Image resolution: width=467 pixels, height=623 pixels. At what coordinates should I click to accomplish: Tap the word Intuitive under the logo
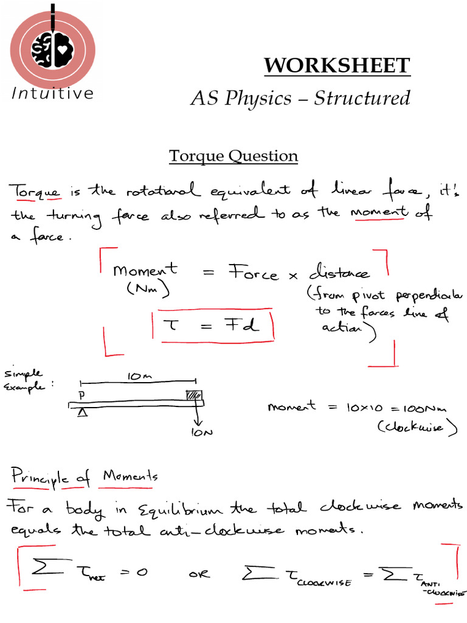pos(52,93)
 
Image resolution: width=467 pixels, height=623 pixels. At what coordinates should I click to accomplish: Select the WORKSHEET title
pos(337,66)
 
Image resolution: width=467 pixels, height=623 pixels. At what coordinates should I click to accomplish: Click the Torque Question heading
pos(233,156)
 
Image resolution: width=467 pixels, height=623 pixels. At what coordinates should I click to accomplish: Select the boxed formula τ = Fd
pos(212,326)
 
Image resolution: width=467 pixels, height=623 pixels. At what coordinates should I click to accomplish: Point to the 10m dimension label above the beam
pos(137,377)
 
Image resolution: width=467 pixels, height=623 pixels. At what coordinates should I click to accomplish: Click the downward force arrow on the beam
pos(196,416)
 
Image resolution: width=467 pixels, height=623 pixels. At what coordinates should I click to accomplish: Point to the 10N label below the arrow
pos(199,433)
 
